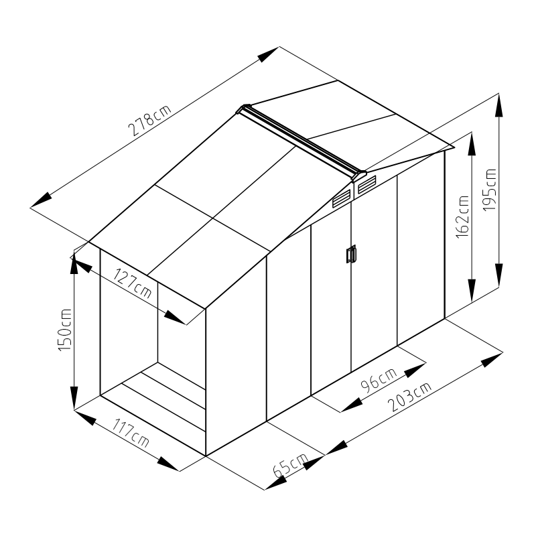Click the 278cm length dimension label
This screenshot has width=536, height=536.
(x=149, y=120)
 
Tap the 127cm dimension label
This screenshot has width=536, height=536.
(x=132, y=283)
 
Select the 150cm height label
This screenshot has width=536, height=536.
(x=65, y=330)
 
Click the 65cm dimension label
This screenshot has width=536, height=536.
(x=291, y=465)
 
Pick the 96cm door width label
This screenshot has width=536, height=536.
(x=379, y=379)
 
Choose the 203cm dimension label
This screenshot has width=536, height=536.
(x=410, y=397)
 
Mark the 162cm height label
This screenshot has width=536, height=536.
(x=462, y=216)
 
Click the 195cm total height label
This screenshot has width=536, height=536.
(x=490, y=190)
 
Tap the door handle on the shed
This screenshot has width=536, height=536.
(x=351, y=255)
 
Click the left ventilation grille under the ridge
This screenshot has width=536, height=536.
(x=342, y=199)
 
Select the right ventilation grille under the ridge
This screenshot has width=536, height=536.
(x=366, y=185)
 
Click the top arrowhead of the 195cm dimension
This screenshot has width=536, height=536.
(x=498, y=105)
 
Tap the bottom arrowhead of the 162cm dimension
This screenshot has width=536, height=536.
(x=472, y=291)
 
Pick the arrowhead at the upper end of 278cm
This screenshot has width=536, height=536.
(x=269, y=54)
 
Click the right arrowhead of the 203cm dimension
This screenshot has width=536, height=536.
(x=492, y=360)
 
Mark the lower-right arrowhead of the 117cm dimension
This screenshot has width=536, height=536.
(x=168, y=464)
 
